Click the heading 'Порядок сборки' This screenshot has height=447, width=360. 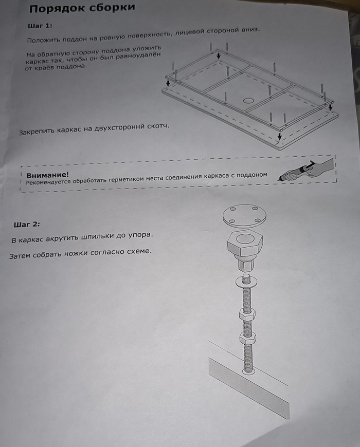click(x=82, y=8)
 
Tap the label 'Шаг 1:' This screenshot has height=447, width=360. click(x=40, y=26)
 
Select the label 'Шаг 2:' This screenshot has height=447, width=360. click(x=27, y=225)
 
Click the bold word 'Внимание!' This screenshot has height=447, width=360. click(x=48, y=175)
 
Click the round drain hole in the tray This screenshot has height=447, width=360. click(x=248, y=101)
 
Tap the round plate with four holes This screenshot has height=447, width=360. click(x=244, y=216)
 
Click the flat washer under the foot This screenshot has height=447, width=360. click(x=246, y=282)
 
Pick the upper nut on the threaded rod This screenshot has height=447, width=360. click(x=246, y=314)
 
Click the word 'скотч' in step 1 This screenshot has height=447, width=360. click(x=158, y=126)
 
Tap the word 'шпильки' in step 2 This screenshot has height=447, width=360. click(x=97, y=237)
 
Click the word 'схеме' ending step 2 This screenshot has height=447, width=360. click(x=139, y=251)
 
